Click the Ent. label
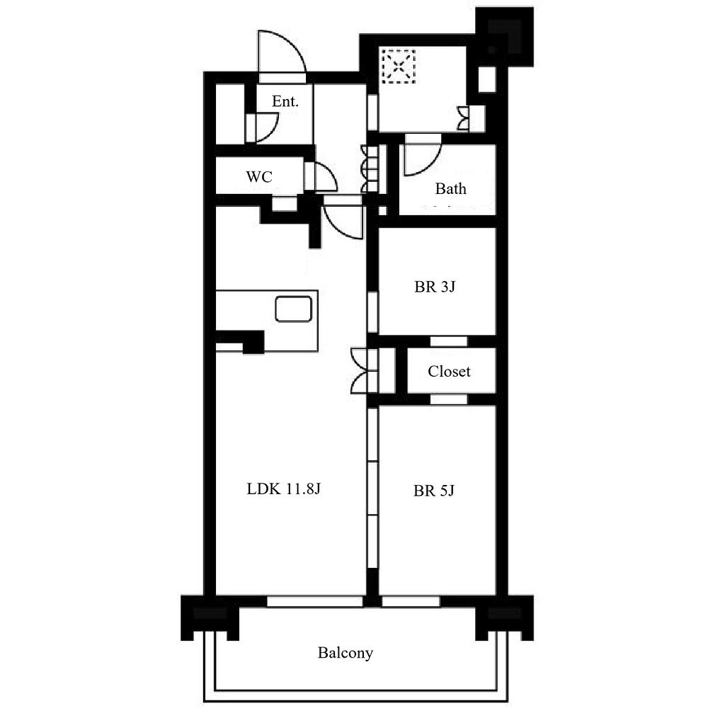coord(285,101)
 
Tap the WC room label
coord(259,176)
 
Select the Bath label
coord(450,188)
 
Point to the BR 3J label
coord(435,287)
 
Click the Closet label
coord(449,371)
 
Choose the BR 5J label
coord(434,490)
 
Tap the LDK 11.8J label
coord(283,489)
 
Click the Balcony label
coord(346,653)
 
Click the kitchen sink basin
coord(294,309)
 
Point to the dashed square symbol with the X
coord(398,66)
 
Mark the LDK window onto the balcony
coord(315,602)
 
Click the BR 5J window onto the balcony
coord(411,602)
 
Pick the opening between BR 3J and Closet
coord(448,341)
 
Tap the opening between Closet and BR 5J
coord(448,399)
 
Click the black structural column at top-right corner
coord(504,37)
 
